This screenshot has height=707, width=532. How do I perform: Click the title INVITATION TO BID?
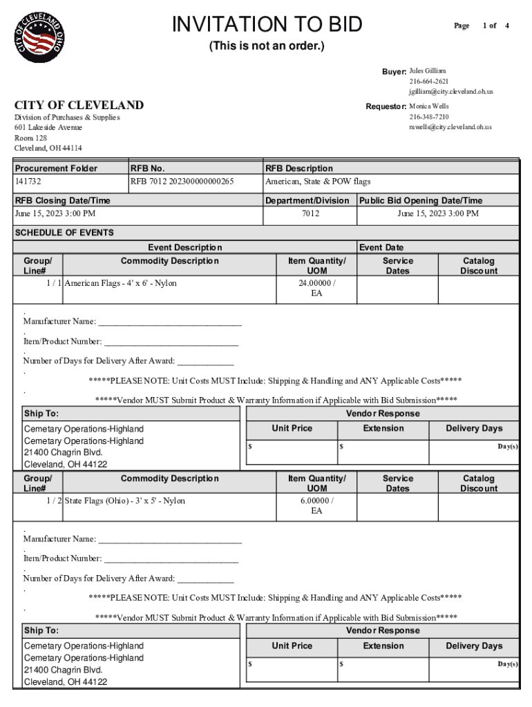point(267,25)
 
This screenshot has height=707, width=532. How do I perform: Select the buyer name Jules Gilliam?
point(428,71)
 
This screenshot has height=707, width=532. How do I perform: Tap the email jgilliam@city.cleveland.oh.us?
point(450,91)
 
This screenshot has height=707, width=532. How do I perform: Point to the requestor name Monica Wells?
point(429,107)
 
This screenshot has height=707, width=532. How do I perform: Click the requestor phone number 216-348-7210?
point(429,117)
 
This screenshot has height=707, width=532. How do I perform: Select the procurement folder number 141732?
point(28,182)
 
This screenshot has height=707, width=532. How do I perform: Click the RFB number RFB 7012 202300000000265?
point(182,182)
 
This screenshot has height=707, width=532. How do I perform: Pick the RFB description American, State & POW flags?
point(318,182)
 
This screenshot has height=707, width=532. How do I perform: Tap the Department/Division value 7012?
point(310,214)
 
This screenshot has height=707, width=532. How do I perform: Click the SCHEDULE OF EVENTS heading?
point(64,233)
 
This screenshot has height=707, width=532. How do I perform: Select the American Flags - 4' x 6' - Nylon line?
point(121,283)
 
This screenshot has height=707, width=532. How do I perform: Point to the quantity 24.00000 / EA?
point(316,288)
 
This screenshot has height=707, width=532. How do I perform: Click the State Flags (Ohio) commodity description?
point(125,501)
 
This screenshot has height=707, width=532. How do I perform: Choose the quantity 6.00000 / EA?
point(316,505)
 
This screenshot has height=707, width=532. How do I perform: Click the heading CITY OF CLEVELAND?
point(79,105)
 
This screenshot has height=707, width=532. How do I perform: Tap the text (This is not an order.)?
point(267,47)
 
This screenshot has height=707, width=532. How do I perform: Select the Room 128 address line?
point(31,138)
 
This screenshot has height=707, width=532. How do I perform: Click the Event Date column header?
point(381,247)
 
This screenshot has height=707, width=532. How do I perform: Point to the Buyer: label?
point(394,72)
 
